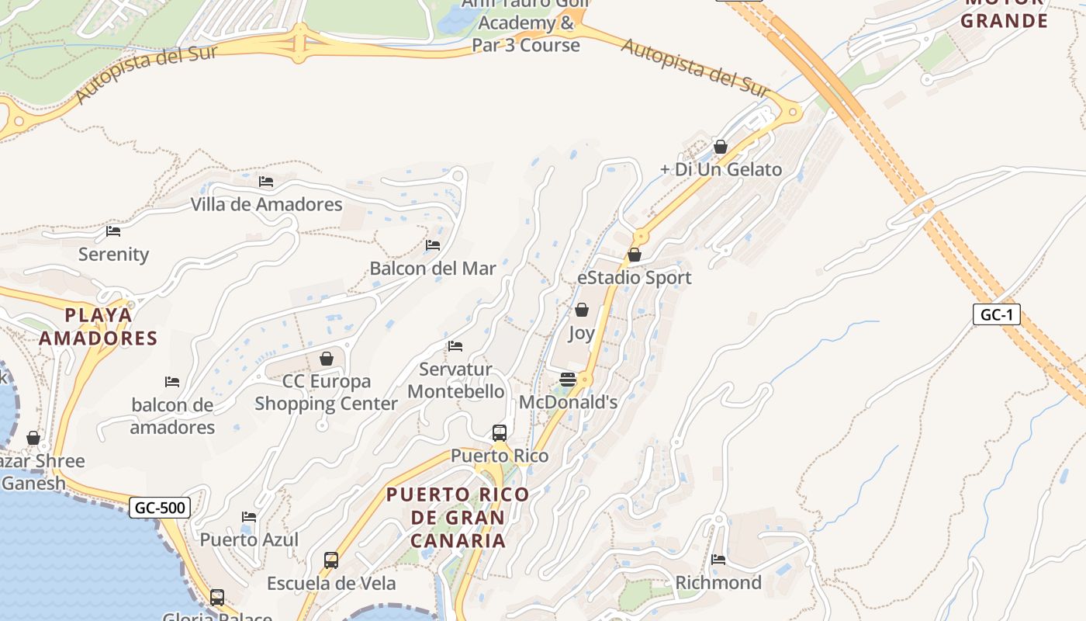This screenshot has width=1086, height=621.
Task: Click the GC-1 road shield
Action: (x=996, y=314)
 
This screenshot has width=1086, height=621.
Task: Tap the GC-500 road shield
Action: (x=160, y=508)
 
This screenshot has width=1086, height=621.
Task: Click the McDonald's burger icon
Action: (x=568, y=380)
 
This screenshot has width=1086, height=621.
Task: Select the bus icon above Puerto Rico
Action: (x=500, y=433)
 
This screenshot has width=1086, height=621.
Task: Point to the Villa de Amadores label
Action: (x=266, y=205)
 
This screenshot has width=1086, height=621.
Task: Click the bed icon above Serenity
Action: (x=113, y=231)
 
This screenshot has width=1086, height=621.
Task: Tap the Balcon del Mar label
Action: (x=432, y=269)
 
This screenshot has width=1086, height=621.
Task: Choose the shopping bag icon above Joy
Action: (x=582, y=310)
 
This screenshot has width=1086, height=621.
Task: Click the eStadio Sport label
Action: (x=634, y=278)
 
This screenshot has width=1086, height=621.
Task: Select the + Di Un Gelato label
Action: (x=721, y=169)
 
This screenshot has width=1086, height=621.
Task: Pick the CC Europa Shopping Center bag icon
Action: (x=327, y=359)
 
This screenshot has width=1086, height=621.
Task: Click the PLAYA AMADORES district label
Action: (x=99, y=327)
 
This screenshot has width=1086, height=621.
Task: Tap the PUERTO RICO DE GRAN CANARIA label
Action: (x=458, y=517)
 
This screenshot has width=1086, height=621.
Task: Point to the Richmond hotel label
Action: (x=718, y=583)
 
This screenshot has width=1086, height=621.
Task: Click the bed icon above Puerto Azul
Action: (x=249, y=517)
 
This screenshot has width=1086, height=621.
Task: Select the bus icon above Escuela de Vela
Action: (x=331, y=560)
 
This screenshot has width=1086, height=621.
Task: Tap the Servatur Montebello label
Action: (x=456, y=380)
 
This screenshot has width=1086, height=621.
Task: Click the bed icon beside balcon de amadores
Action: (x=172, y=382)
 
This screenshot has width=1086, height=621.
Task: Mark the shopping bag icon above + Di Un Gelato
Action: (x=721, y=147)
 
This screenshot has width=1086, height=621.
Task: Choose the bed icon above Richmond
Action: (x=718, y=560)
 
